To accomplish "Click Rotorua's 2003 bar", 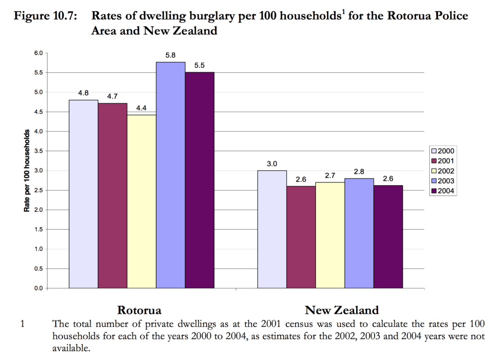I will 170,175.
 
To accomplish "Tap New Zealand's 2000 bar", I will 272,229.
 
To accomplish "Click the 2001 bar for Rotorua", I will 113,195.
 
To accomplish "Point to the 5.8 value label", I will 170,56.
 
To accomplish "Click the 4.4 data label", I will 142,108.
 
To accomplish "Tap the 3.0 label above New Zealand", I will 272,164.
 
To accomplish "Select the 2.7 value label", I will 330,176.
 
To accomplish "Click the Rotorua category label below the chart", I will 139,310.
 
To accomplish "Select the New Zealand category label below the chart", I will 342,310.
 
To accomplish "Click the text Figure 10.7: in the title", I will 46,16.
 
